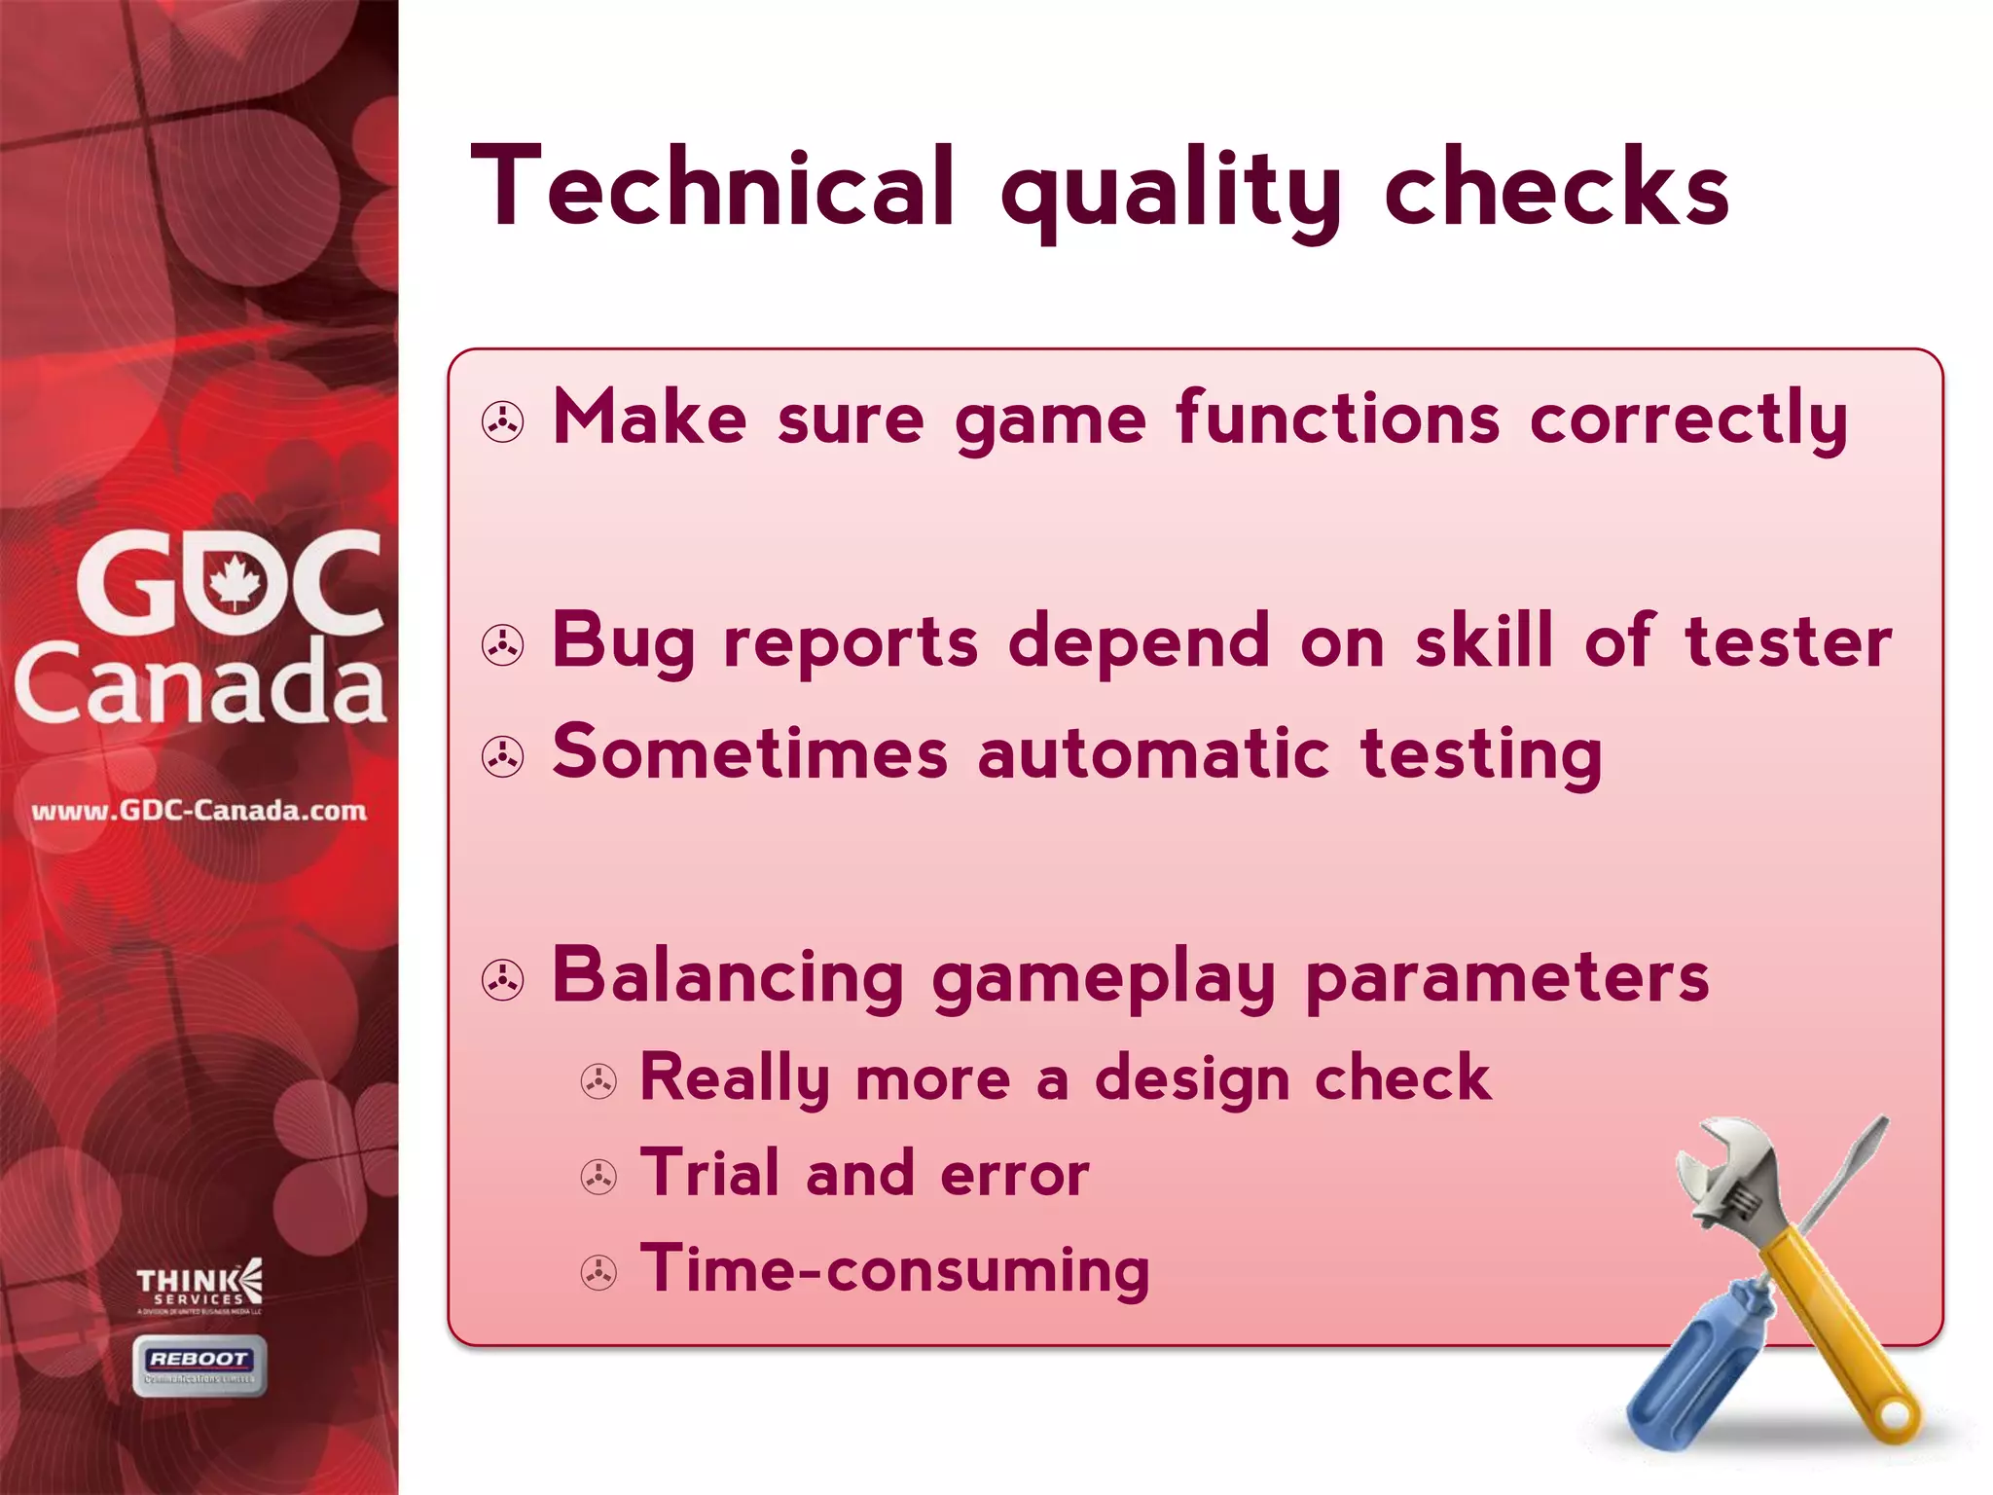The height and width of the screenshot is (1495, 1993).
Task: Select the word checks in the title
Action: click(1556, 187)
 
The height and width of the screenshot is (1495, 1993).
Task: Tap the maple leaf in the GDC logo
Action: click(236, 582)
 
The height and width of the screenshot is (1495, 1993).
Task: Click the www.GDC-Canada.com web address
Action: click(199, 811)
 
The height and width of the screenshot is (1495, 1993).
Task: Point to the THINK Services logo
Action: click(199, 1287)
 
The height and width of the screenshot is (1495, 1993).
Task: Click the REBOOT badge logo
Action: click(199, 1365)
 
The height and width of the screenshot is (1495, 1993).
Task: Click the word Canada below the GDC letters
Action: click(199, 683)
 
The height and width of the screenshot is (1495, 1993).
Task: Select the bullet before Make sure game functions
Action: click(503, 422)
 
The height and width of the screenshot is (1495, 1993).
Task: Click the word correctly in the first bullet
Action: click(1688, 420)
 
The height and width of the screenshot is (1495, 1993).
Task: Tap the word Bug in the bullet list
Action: click(623, 642)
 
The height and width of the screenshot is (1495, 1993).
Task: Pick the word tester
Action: click(1789, 642)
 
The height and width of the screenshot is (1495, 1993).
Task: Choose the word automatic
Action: click(1153, 754)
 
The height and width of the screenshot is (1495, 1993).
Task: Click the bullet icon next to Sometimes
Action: click(503, 756)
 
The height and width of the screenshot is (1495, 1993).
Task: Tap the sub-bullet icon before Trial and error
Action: click(598, 1177)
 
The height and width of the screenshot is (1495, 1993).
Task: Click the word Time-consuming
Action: click(894, 1269)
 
